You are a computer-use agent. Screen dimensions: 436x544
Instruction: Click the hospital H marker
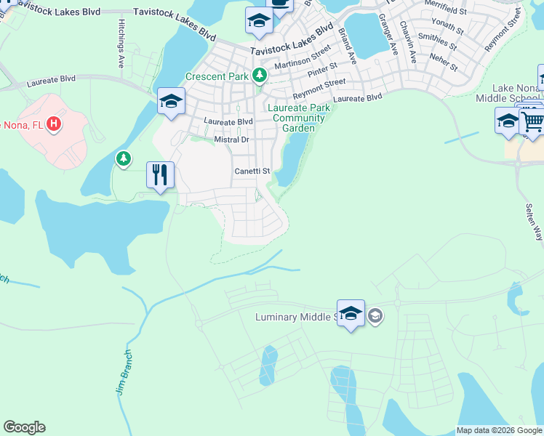53,125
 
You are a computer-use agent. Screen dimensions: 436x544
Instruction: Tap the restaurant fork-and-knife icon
160,174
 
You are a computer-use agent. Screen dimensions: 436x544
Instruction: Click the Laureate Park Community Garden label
299,118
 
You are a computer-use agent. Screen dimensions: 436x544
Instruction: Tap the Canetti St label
252,171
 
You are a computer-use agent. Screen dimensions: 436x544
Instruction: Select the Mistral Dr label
232,139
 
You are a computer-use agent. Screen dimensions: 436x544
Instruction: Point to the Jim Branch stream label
124,376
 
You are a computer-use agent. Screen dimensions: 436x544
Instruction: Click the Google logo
24,427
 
